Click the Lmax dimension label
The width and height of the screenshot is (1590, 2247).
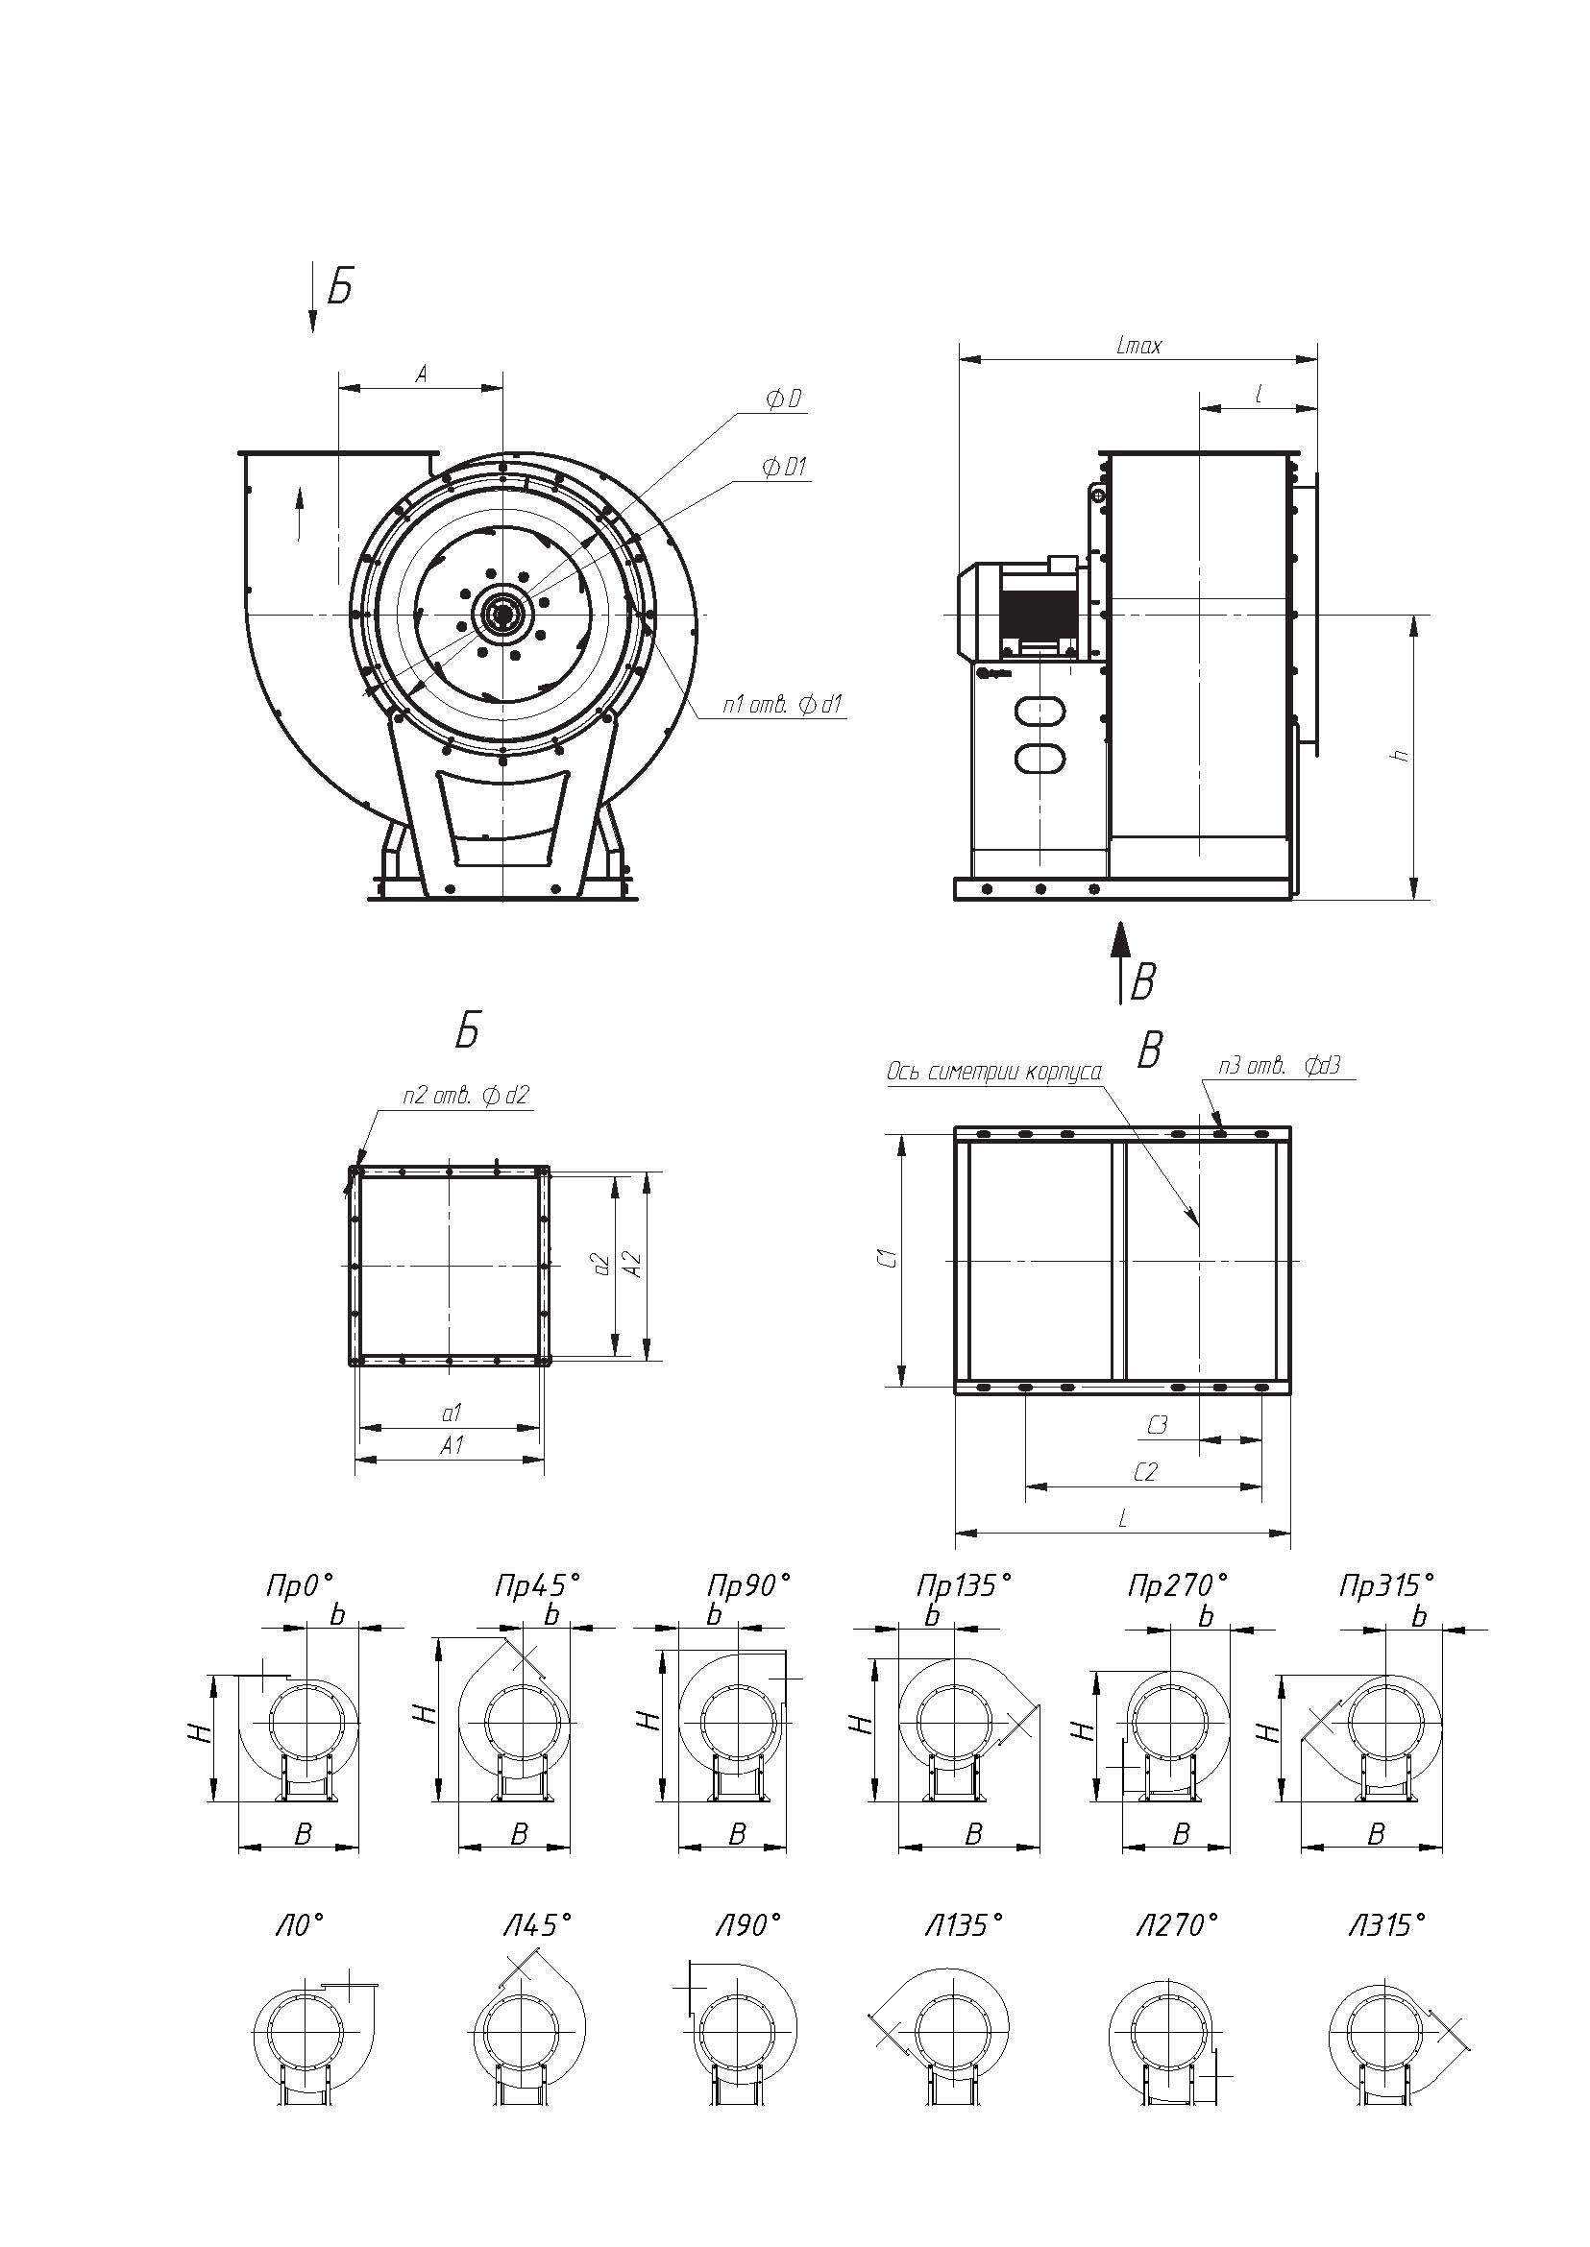pos(1138,345)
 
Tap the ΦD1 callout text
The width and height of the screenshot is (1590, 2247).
pos(784,467)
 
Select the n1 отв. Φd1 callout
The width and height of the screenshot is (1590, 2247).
pos(783,704)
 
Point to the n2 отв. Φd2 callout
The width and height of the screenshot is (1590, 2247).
pos(465,1095)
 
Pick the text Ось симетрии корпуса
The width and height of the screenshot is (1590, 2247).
pos(993,1072)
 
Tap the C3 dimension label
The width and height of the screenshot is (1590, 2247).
pos(1158,1425)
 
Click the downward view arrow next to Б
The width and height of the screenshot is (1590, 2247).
pos(313,298)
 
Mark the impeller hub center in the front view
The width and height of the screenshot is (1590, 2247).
pos(502,614)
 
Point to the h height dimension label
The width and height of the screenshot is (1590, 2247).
pos(1402,755)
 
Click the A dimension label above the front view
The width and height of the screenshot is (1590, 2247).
pos(421,373)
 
